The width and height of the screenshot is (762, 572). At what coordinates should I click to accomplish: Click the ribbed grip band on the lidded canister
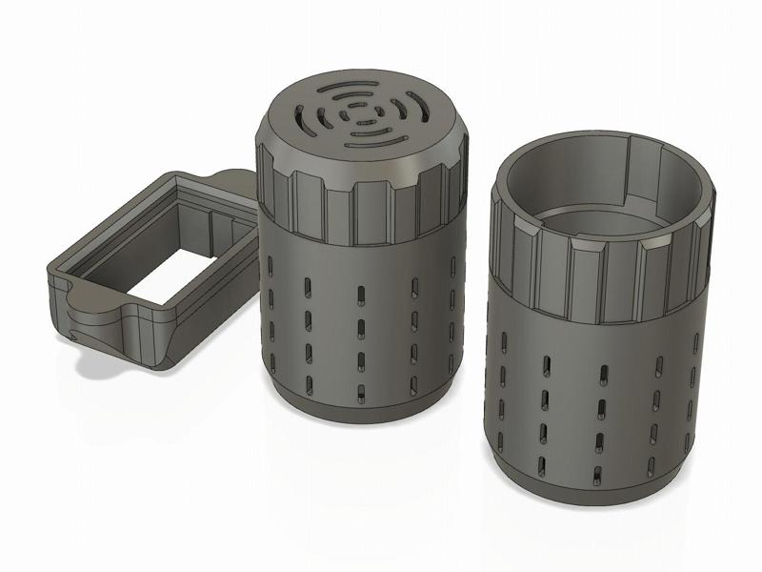362,205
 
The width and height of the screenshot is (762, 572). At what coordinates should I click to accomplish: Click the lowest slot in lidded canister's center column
361,391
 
